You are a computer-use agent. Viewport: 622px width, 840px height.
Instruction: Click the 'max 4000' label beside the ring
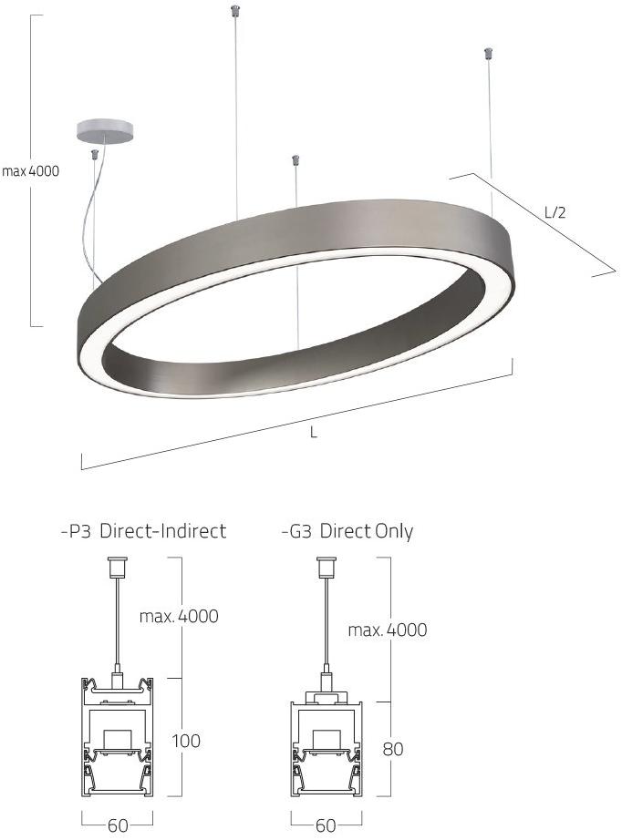coord(30,170)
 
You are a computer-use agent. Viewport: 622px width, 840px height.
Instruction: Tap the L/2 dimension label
coord(555,213)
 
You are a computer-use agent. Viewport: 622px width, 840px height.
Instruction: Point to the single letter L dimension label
coord(313,434)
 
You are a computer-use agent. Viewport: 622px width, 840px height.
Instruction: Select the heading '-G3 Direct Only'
coord(347,531)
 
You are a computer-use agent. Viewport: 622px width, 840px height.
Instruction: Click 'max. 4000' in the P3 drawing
coord(179,616)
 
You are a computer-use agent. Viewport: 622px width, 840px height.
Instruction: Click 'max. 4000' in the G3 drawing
coord(387,630)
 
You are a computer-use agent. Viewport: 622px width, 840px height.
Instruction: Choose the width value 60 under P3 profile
coord(118,825)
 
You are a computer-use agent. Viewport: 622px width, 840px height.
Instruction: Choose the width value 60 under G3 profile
coord(325,825)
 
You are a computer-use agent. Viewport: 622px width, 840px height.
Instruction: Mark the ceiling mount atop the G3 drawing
coord(325,567)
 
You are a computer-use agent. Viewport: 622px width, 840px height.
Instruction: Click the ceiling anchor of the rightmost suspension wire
coord(488,54)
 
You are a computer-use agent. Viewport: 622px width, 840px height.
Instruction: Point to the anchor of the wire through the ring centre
coord(295,161)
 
